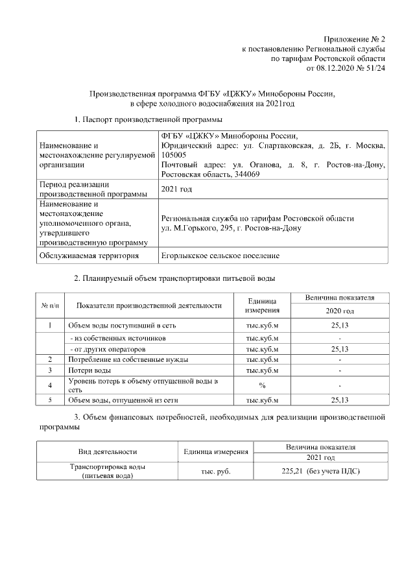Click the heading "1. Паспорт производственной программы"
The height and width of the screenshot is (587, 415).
[x=148, y=120]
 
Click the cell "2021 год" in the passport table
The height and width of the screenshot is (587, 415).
[x=176, y=189]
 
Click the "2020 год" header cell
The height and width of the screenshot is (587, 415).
[x=339, y=311]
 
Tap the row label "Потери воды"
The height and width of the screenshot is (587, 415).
[x=89, y=370]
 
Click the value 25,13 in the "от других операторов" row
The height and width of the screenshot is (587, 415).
[x=339, y=349]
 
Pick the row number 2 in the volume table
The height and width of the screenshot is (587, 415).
[x=50, y=359]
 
